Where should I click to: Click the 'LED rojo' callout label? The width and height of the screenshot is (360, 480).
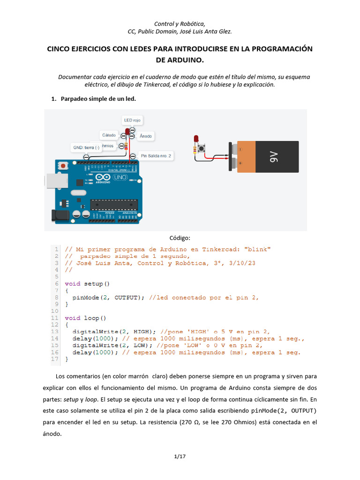[x=132, y=120]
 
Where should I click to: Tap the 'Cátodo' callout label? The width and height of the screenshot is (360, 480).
[x=109, y=135]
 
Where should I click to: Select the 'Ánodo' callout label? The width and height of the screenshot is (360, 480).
[x=146, y=136]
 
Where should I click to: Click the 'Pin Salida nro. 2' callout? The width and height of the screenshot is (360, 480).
[x=156, y=156]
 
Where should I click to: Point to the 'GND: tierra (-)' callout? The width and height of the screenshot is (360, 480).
[x=86, y=148]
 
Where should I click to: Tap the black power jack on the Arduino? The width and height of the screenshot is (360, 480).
[x=58, y=215]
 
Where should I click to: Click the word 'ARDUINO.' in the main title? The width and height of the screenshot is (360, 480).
[x=180, y=60]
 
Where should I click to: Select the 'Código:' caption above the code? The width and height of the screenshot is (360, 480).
[x=180, y=238]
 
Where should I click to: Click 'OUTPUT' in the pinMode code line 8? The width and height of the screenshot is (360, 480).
[x=127, y=297]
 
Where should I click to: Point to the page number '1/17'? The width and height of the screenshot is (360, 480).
[x=180, y=456]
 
